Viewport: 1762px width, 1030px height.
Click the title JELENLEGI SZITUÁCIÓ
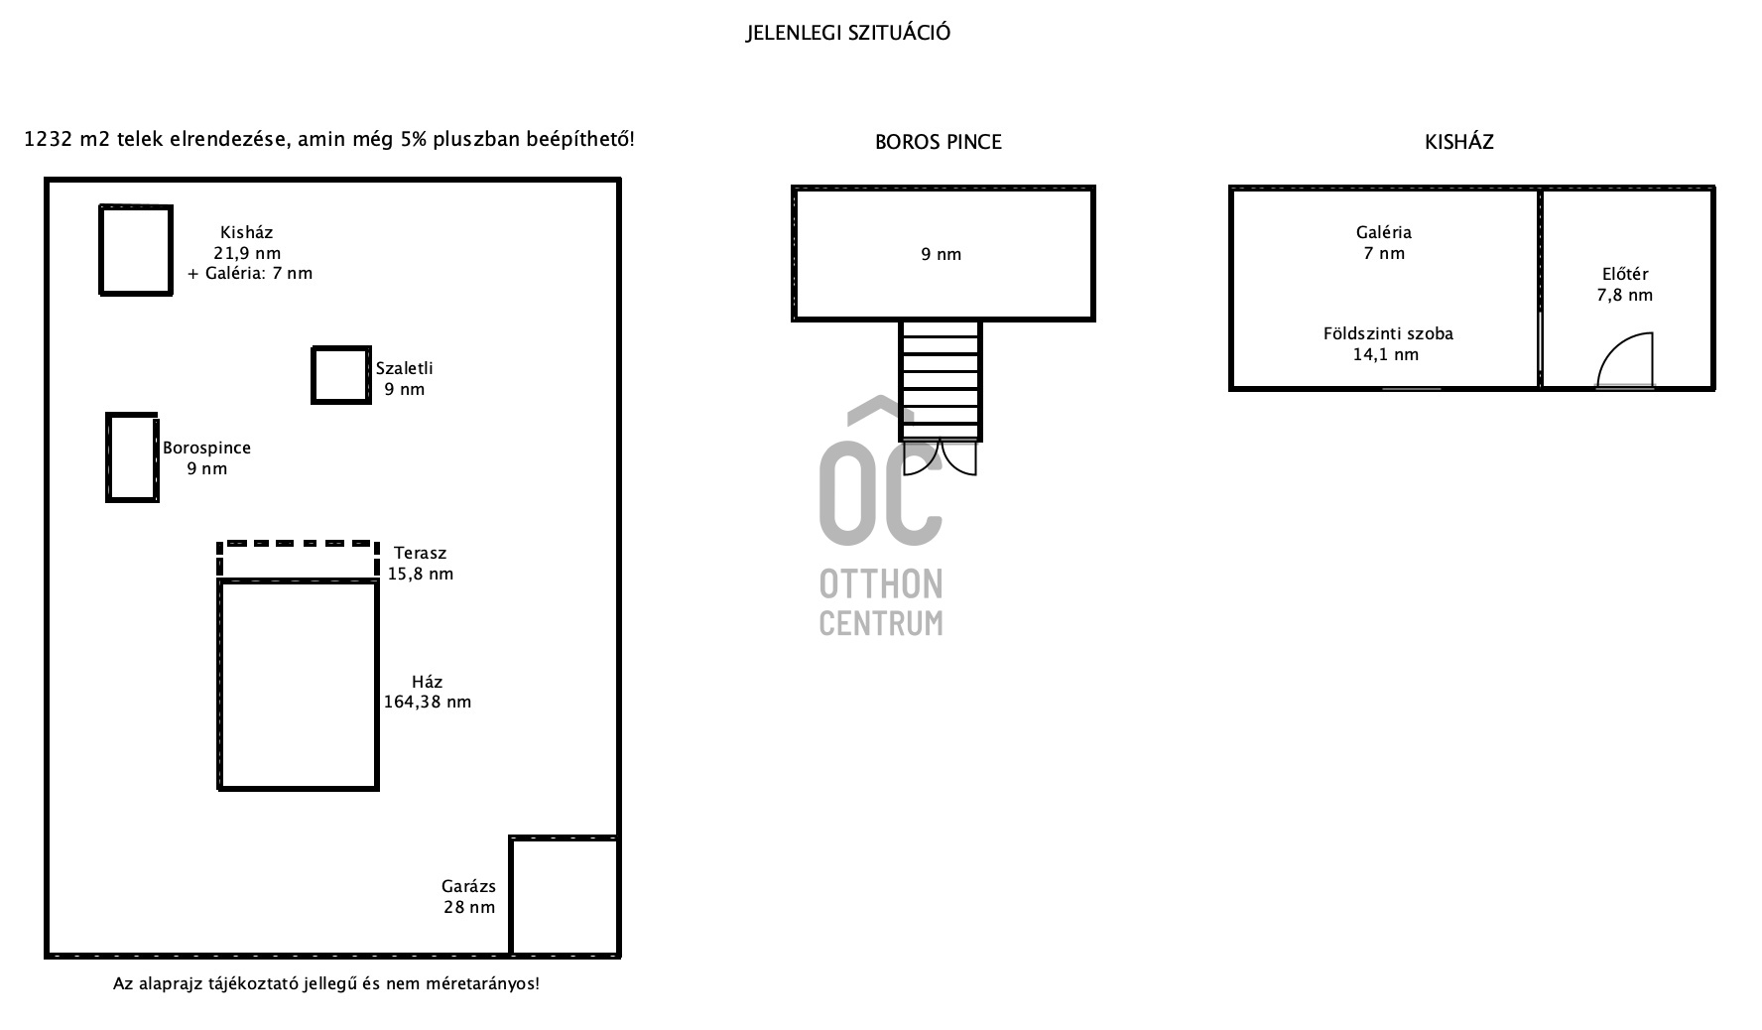848,33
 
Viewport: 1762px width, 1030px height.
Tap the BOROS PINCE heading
939,142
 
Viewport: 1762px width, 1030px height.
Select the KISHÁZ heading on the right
1459,142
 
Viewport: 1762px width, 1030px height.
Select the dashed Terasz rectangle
298,544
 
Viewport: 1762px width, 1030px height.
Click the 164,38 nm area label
428,702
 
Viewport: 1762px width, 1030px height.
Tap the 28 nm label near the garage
469,907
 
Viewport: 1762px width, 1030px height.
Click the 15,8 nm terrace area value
421,574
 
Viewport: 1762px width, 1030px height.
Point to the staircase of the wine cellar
941,380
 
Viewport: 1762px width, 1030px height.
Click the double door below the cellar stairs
941,458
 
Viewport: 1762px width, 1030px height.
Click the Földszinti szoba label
1388,333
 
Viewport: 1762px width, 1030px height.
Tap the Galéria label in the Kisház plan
1384,232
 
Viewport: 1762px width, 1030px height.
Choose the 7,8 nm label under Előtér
1625,295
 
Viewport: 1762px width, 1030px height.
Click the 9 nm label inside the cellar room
942,254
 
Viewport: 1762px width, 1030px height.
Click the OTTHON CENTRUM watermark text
881,603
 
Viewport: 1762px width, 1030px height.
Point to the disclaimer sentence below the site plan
326,984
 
